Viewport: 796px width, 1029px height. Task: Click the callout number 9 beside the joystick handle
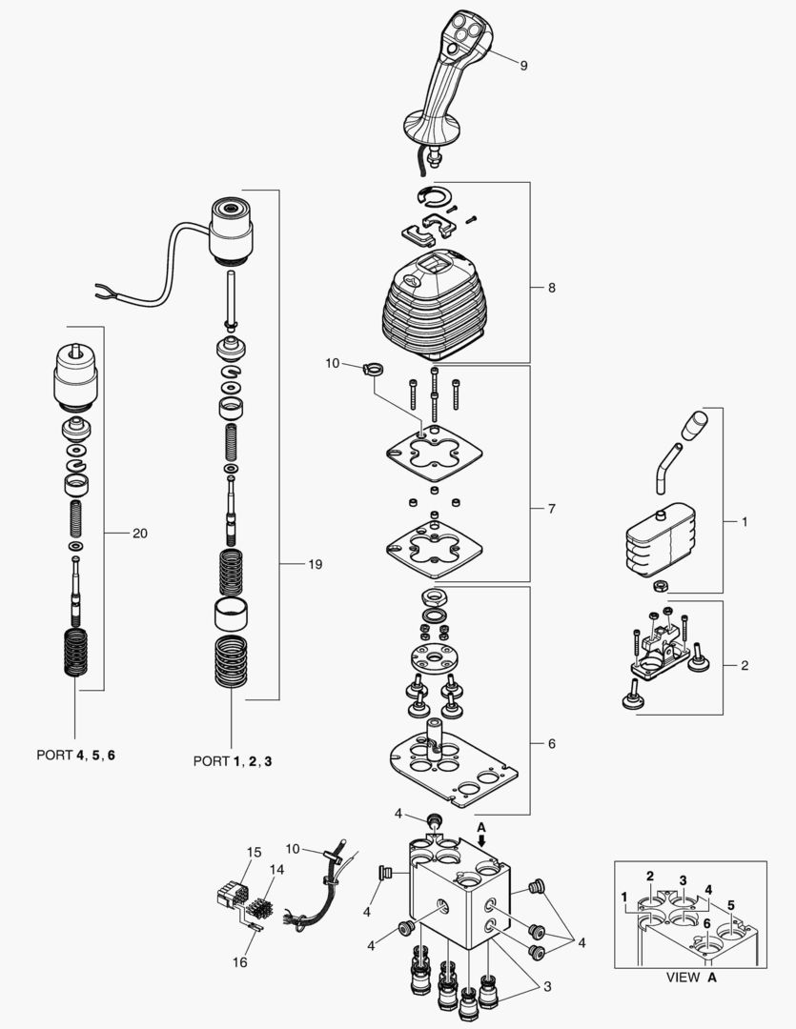click(523, 65)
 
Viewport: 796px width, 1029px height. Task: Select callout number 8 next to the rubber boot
click(551, 287)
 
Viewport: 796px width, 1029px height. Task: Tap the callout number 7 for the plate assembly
click(551, 509)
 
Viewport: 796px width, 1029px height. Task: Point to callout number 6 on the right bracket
click(551, 743)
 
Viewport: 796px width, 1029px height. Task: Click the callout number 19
click(315, 564)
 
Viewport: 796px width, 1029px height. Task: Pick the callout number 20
click(139, 534)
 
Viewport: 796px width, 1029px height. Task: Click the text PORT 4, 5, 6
click(76, 755)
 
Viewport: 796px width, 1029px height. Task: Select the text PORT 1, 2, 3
click(233, 760)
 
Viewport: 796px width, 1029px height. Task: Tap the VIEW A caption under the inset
click(687, 977)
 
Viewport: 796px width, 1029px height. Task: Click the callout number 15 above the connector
click(254, 851)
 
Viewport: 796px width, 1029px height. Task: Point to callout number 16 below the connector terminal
click(240, 963)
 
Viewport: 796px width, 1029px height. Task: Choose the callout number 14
click(276, 870)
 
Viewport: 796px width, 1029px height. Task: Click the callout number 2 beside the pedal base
click(745, 664)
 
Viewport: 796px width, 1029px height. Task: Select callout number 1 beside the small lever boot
click(745, 523)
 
